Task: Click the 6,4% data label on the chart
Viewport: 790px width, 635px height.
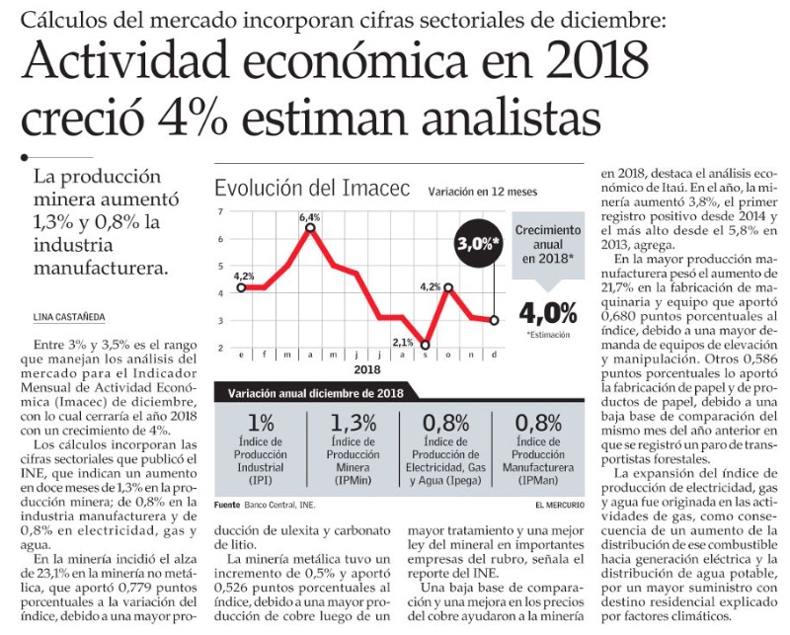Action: coord(310,217)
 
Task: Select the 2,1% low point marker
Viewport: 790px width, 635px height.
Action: coord(426,346)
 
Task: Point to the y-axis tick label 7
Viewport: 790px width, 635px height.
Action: coord(221,212)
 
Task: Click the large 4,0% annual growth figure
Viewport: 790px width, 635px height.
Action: coord(547,313)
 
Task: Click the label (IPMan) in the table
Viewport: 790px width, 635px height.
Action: coord(545,481)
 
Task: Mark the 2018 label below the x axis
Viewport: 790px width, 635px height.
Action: coord(366,369)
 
